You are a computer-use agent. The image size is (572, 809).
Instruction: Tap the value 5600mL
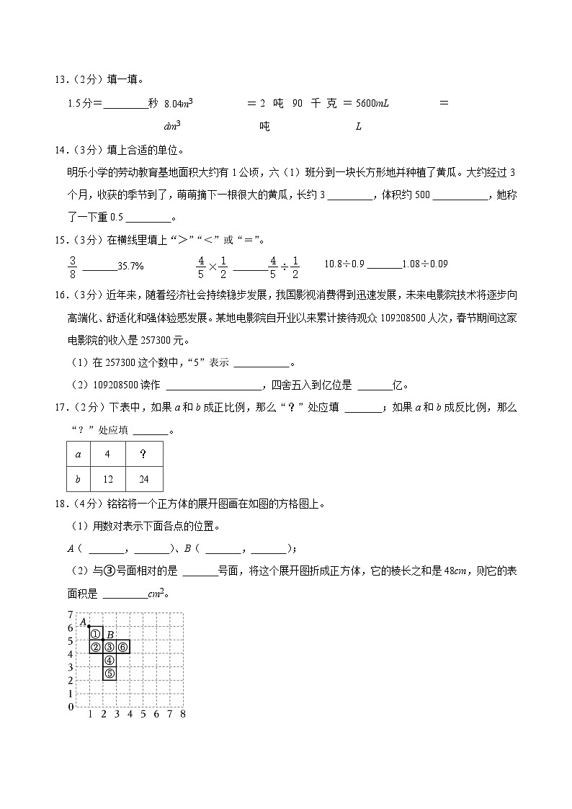tap(374, 104)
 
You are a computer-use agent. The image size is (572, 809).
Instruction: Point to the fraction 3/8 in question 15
tap(72, 266)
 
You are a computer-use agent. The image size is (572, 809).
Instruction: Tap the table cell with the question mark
tap(143, 455)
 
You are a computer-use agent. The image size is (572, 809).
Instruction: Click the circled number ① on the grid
tap(95, 634)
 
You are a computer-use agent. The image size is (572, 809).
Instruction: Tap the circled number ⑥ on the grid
tap(122, 647)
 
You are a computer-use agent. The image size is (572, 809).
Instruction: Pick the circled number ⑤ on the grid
tap(109, 674)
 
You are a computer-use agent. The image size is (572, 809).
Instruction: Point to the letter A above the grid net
tap(83, 621)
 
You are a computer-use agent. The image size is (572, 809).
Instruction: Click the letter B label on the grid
tap(110, 634)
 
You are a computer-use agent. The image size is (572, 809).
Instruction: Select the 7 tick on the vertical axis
tap(71, 614)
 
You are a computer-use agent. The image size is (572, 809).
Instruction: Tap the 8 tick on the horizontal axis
tap(183, 715)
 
